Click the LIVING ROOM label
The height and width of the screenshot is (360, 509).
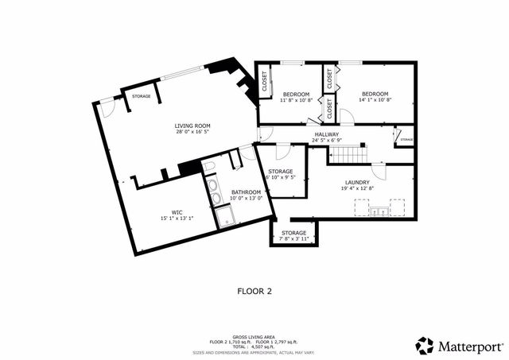(192, 126)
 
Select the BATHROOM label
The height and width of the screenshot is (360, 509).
(246, 192)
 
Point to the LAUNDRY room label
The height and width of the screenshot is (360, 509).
(357, 182)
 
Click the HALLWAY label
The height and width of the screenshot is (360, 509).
(326, 135)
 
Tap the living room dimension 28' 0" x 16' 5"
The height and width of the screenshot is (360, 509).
(192, 132)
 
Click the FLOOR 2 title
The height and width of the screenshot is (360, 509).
(254, 291)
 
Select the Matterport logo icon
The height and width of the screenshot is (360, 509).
(425, 346)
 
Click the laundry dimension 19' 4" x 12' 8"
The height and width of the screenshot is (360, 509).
(357, 188)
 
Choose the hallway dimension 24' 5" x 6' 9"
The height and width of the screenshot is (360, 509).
(326, 141)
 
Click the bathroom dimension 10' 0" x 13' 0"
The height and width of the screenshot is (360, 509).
(246, 199)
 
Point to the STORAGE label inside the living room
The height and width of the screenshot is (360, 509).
(142, 96)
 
